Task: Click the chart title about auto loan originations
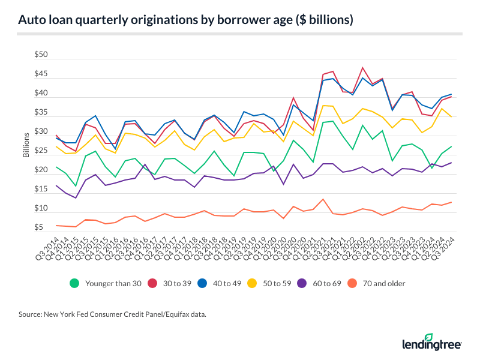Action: click(x=185, y=19)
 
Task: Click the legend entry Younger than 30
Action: click(x=108, y=283)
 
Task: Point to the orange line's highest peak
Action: click(x=323, y=199)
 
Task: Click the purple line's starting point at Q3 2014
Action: click(x=56, y=186)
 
